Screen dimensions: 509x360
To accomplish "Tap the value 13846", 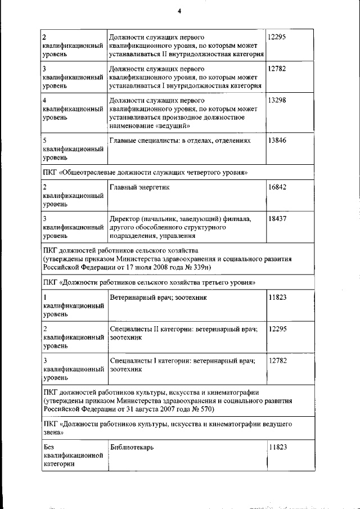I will [x=277, y=140].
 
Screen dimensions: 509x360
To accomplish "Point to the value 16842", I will [x=277, y=187].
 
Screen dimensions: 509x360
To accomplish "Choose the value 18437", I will [x=277, y=218].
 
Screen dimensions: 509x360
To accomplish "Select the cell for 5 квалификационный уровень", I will [x=73, y=150].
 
